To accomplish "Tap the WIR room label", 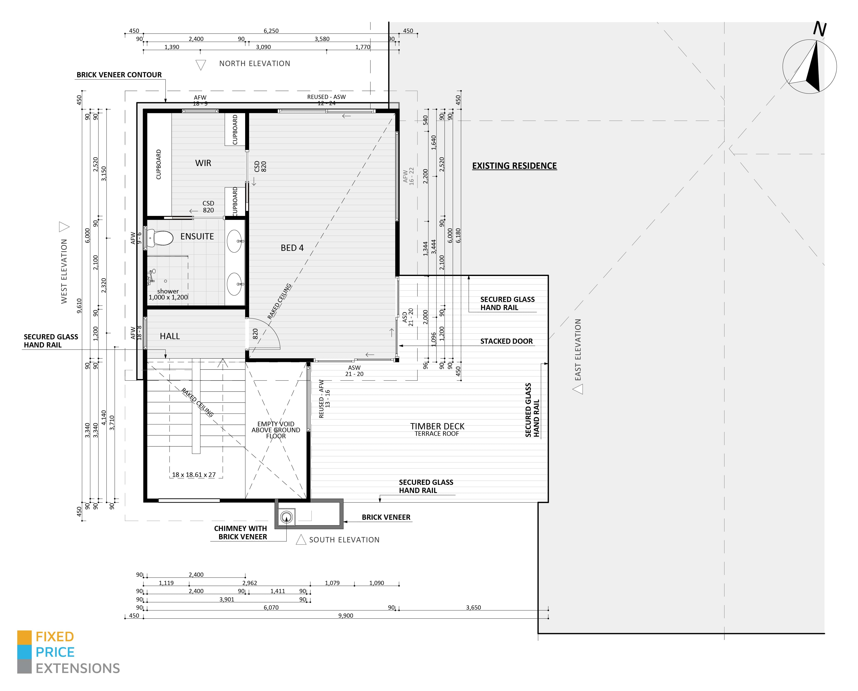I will pos(203,163).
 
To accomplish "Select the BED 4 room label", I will pos(292,248).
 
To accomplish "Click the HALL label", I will pos(170,336).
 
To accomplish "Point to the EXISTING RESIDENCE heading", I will pos(514,166).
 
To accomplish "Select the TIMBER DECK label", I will pos(437,426).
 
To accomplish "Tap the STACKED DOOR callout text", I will pos(506,341).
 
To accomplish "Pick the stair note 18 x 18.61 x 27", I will pos(194,475).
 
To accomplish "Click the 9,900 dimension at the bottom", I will pos(345,616).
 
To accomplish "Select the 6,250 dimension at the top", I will pos(271,31).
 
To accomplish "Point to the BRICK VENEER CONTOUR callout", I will pos(119,75).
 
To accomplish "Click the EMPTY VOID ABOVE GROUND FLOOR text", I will pos(276,430).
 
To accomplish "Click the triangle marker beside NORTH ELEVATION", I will pos(201,64).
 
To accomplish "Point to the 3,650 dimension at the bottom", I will pos(473,607).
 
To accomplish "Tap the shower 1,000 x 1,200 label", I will pos(168,294).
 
